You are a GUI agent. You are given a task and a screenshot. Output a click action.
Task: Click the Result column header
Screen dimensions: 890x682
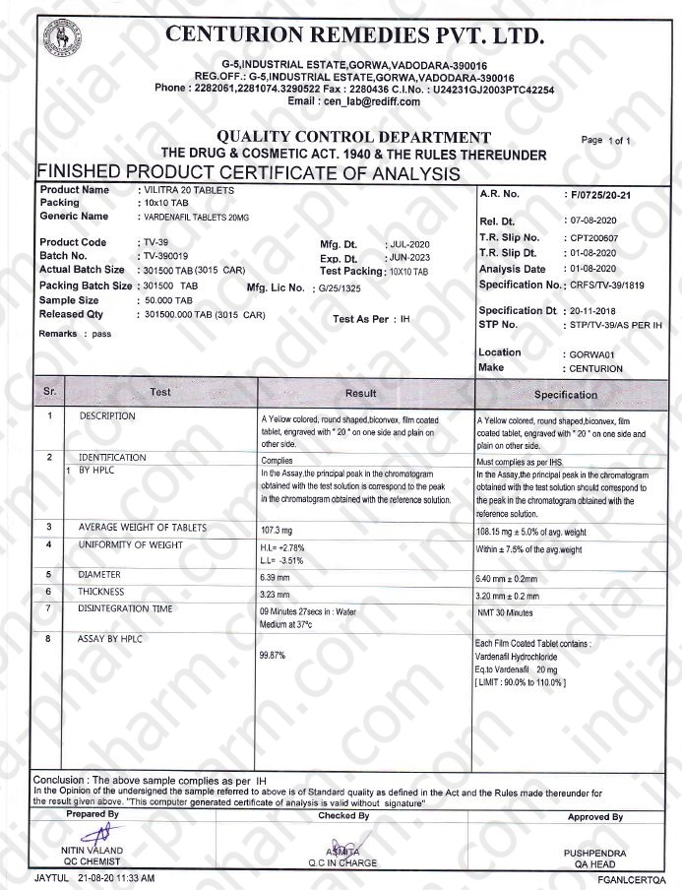(361, 392)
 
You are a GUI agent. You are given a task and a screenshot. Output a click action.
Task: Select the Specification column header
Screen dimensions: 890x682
(565, 394)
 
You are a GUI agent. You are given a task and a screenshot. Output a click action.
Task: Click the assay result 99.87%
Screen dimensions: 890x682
(272, 655)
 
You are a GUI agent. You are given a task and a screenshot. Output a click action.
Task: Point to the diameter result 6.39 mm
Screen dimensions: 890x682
(275, 575)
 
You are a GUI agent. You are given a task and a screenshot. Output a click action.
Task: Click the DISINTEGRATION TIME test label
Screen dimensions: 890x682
(125, 609)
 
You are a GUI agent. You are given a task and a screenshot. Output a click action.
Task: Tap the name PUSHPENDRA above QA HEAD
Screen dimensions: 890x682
(594, 853)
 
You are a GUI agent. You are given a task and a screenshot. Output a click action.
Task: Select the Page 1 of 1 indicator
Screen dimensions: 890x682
(606, 141)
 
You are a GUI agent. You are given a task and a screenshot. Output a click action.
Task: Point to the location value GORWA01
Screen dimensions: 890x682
(591, 353)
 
